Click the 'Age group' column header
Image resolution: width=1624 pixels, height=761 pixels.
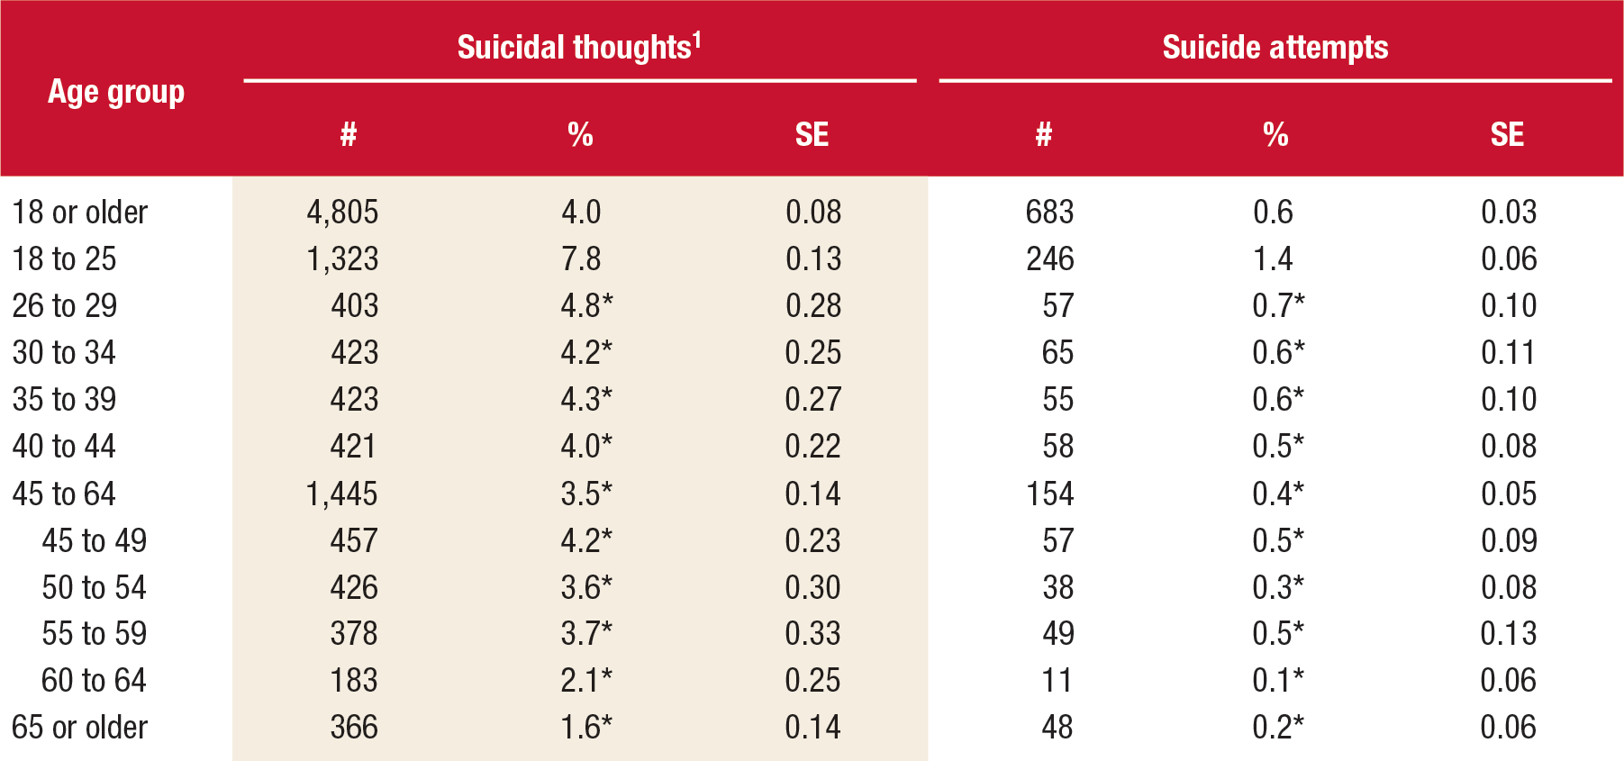click(x=116, y=93)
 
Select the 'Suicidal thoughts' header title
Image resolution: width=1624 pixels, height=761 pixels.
click(x=573, y=48)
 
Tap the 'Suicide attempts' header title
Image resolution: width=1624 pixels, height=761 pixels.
click(x=1275, y=48)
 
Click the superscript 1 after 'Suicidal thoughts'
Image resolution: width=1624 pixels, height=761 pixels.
click(x=696, y=40)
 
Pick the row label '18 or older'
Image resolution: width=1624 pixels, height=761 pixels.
click(x=79, y=213)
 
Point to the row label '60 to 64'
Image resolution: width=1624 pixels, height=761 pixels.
click(x=94, y=681)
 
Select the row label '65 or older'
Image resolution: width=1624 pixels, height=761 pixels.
click(x=79, y=728)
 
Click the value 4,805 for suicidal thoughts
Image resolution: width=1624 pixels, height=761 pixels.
click(x=342, y=213)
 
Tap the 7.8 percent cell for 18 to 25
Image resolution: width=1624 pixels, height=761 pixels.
click(x=581, y=259)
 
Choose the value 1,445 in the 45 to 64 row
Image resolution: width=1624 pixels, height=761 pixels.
click(x=342, y=494)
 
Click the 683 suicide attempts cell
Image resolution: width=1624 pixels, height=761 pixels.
click(x=1049, y=213)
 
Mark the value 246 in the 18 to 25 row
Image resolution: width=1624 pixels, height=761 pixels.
click(x=1049, y=259)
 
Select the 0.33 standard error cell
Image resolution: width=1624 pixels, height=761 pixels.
click(x=812, y=634)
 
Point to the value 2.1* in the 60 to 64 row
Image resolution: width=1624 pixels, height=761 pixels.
click(x=586, y=681)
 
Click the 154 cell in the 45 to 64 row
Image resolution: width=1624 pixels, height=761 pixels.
click(x=1049, y=494)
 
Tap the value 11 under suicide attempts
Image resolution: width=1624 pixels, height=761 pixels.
click(x=1057, y=681)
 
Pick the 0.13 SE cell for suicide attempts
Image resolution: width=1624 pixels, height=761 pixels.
click(x=1508, y=634)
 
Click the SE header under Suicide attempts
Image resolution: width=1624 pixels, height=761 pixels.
click(x=1507, y=135)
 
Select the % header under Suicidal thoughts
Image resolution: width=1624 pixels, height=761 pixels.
click(x=580, y=135)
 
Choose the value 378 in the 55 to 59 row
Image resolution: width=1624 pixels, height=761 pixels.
click(x=354, y=634)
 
